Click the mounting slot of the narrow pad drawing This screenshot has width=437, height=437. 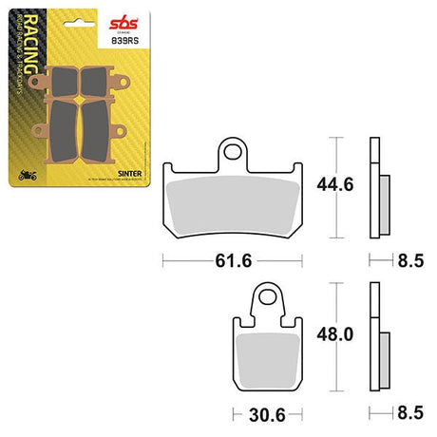click(272, 299)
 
